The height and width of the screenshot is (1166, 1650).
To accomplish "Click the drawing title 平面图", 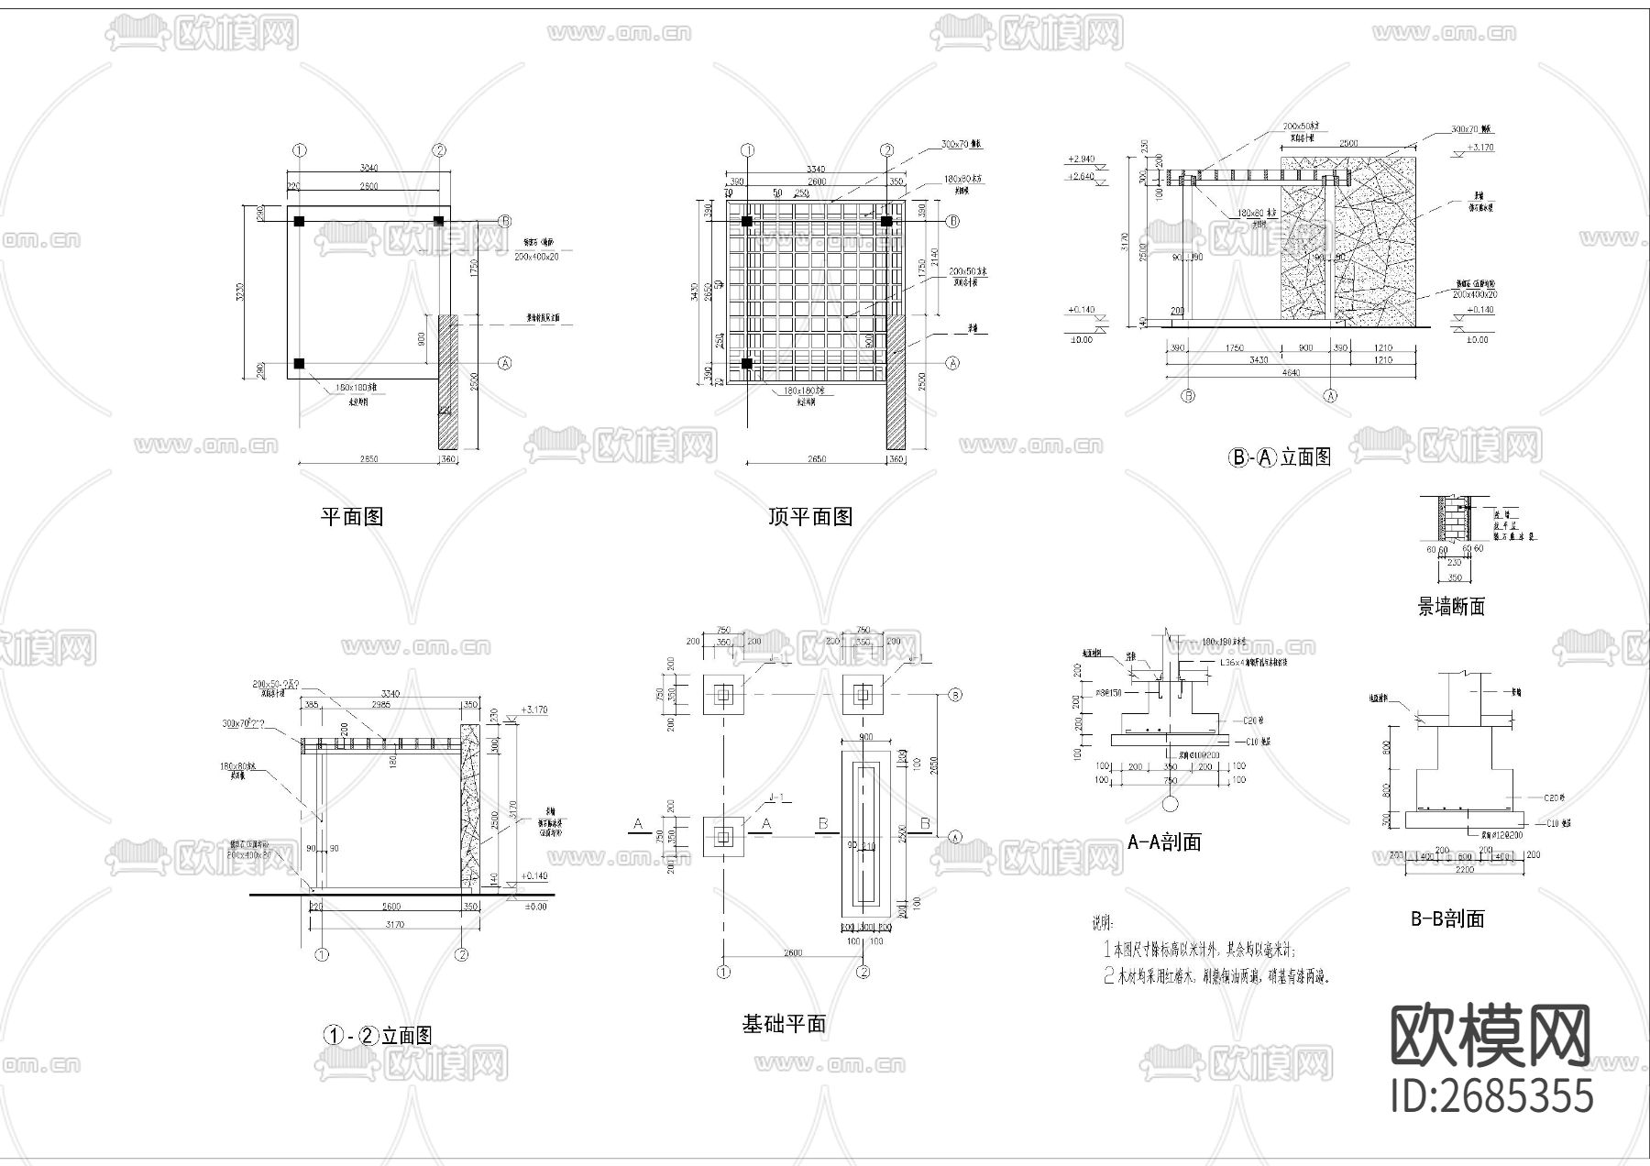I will point(351,517).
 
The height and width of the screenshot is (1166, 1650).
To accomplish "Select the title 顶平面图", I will point(810,517).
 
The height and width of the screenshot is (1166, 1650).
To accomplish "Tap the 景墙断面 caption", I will point(1451,607).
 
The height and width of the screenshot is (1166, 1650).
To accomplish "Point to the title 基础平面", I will point(784,1024).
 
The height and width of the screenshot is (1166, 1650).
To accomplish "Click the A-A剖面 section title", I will point(1164,842).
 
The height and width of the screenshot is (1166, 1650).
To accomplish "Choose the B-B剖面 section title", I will point(1447,918).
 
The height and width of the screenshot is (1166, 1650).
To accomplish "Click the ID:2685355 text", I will point(1492,1095).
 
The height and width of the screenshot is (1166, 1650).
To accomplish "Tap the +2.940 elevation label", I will point(1083,159).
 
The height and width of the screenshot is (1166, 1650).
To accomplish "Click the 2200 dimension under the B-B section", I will point(1464,869).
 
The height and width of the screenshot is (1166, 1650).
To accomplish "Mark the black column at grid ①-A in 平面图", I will point(299,364).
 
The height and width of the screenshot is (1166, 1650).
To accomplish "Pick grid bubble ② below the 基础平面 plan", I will point(863,972).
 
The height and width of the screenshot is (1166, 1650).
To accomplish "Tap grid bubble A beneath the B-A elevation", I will point(1330,396).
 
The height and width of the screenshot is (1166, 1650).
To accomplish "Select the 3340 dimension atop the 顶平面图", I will point(815,169).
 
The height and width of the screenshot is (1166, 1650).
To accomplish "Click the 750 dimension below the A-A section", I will point(1170,780).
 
